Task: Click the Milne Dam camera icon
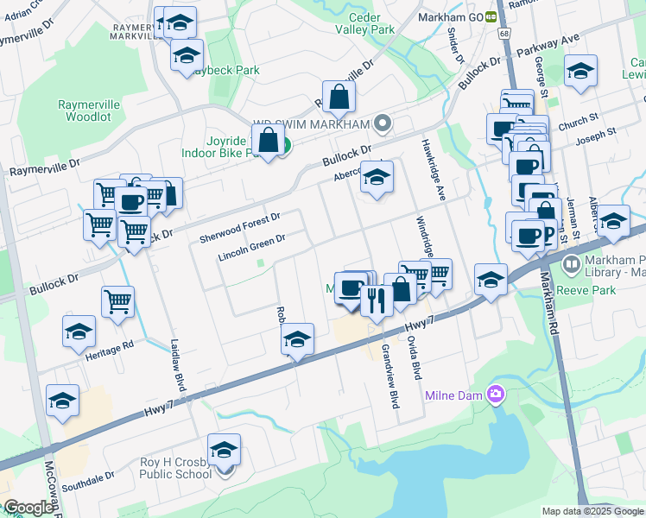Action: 496,395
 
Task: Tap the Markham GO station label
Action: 450,17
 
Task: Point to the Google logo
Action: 28,508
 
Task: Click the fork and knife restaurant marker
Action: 376,299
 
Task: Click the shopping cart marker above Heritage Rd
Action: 118,301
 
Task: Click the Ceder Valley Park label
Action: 371,23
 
